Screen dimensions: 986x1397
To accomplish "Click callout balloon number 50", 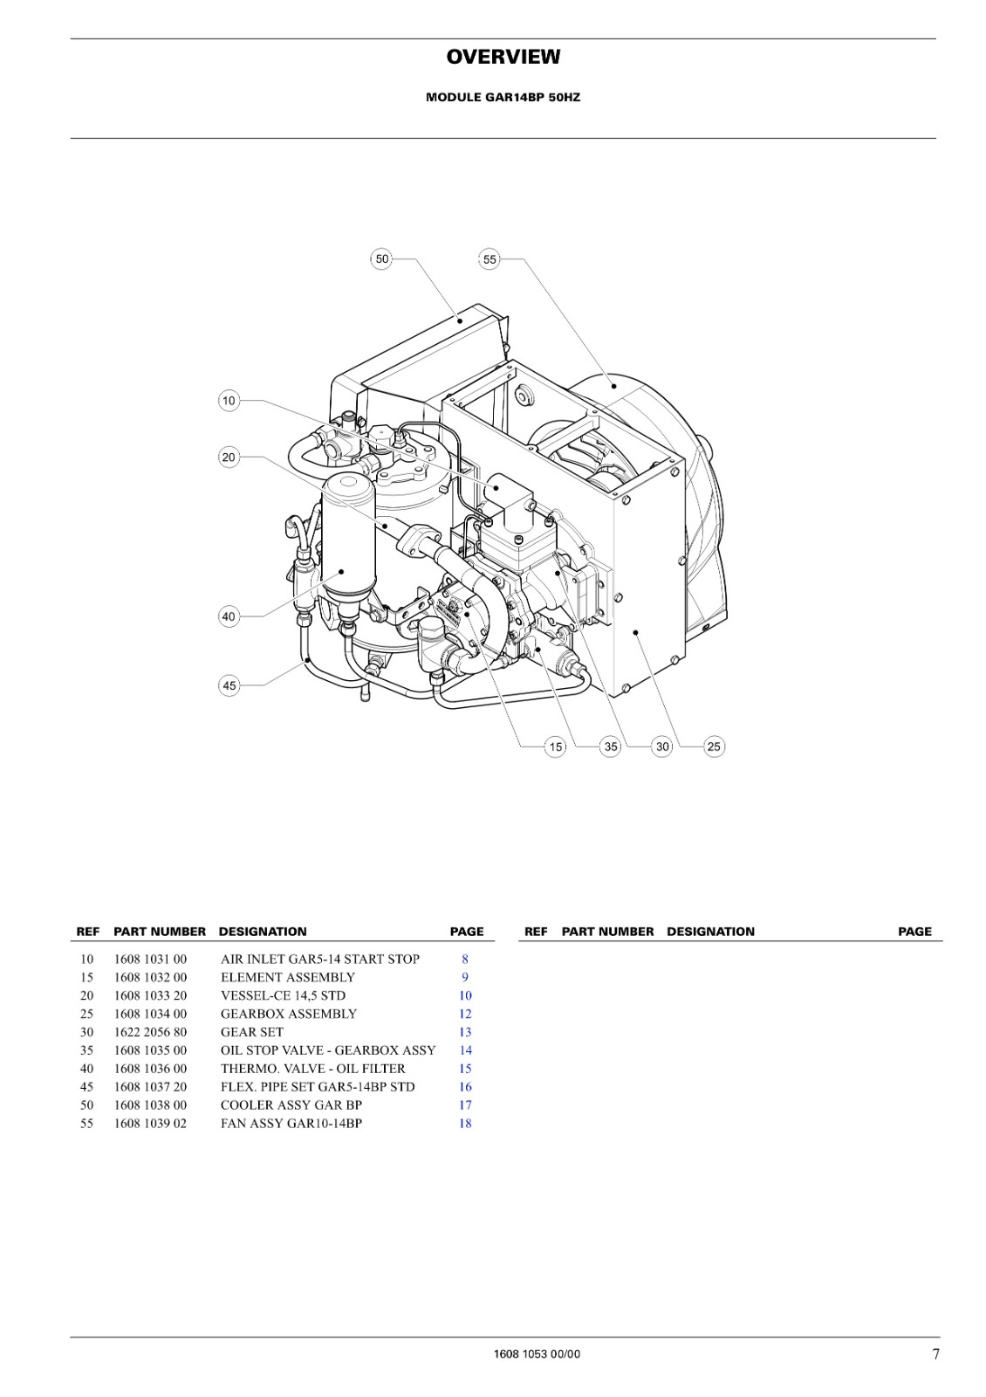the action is (381, 258).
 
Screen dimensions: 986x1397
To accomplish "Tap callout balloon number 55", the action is (490, 258).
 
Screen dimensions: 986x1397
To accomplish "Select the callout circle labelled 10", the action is (229, 401).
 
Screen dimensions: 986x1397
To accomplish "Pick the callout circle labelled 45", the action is (229, 686).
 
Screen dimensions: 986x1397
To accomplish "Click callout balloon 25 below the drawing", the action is (714, 747).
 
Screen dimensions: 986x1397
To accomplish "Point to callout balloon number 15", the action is (555, 747).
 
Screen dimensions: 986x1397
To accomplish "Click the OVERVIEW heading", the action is (503, 57).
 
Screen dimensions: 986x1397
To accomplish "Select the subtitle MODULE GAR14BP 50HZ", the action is (503, 98).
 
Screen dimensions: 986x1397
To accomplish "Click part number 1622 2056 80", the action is (150, 1032).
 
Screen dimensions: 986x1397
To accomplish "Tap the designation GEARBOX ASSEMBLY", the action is (289, 1014).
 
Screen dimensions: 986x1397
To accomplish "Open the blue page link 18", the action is (465, 1123).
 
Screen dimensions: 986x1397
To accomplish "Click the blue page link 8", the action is (465, 960).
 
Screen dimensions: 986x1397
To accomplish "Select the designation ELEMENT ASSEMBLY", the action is (287, 977).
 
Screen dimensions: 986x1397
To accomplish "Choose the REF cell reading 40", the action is (86, 1069).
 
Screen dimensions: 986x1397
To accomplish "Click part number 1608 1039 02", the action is (150, 1123).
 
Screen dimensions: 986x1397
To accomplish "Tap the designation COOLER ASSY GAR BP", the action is (291, 1105).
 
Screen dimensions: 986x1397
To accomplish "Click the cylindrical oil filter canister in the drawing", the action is (348, 542).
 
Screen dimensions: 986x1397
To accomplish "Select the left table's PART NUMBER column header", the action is (160, 932).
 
